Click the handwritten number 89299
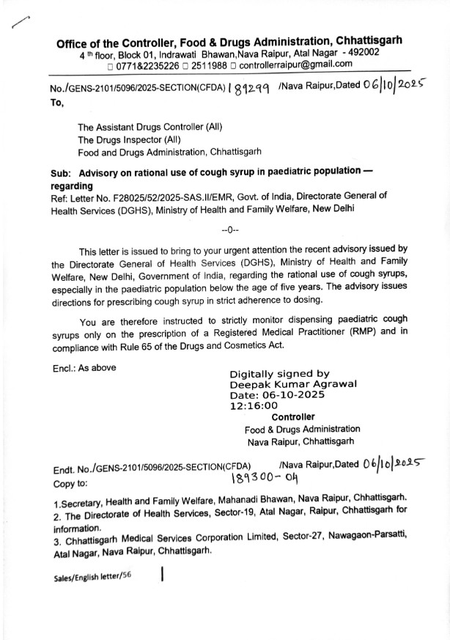pos(251,90)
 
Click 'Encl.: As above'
pos(84,367)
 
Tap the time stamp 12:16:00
pos(253,405)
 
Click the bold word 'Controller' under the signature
pos(293,417)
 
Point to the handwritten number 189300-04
pos(265,477)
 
